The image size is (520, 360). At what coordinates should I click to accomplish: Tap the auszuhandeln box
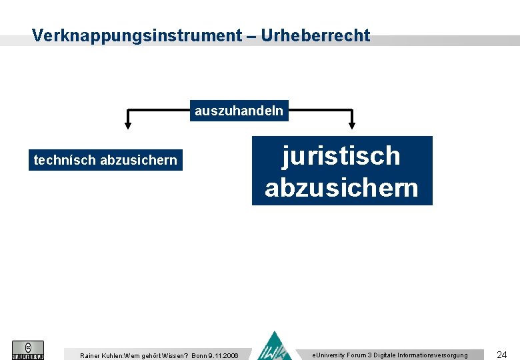pyautogui.click(x=239, y=110)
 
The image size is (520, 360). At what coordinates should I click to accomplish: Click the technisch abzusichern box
pyautogui.click(x=105, y=160)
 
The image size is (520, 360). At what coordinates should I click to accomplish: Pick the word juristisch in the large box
pyautogui.click(x=341, y=156)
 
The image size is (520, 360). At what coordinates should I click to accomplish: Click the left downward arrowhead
pyautogui.click(x=129, y=123)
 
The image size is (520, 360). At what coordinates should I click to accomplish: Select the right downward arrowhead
pyautogui.click(x=353, y=123)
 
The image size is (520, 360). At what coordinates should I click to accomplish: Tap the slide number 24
pyautogui.click(x=502, y=355)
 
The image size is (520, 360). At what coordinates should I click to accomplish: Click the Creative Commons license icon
pyautogui.click(x=28, y=350)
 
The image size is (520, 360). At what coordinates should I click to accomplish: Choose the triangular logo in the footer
pyautogui.click(x=275, y=347)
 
